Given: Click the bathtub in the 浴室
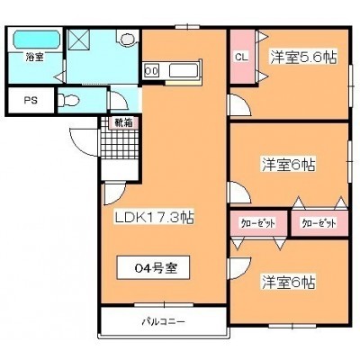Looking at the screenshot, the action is tap(37, 40).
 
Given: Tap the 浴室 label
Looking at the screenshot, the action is tap(34, 57).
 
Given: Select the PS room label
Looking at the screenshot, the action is tap(31, 100).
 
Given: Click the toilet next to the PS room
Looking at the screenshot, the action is tap(67, 100).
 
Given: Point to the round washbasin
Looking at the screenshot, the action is tap(128, 39).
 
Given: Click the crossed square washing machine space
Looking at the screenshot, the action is tap(79, 40).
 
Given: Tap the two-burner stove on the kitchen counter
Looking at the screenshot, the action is tap(151, 71).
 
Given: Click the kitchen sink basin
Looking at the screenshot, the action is tap(184, 71).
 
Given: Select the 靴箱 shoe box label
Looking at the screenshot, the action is tap(123, 123).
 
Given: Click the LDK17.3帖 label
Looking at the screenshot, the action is tap(155, 217).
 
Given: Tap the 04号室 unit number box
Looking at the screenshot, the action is tap(153, 267).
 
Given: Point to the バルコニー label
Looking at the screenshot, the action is tap(163, 322).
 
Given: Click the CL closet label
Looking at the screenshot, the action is tap(241, 58).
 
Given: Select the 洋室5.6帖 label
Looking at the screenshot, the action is tap(303, 57).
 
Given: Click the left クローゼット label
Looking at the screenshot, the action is tap(258, 223).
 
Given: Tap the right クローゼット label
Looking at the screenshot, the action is tap(319, 223).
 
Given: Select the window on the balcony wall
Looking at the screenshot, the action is tap(164, 305).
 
